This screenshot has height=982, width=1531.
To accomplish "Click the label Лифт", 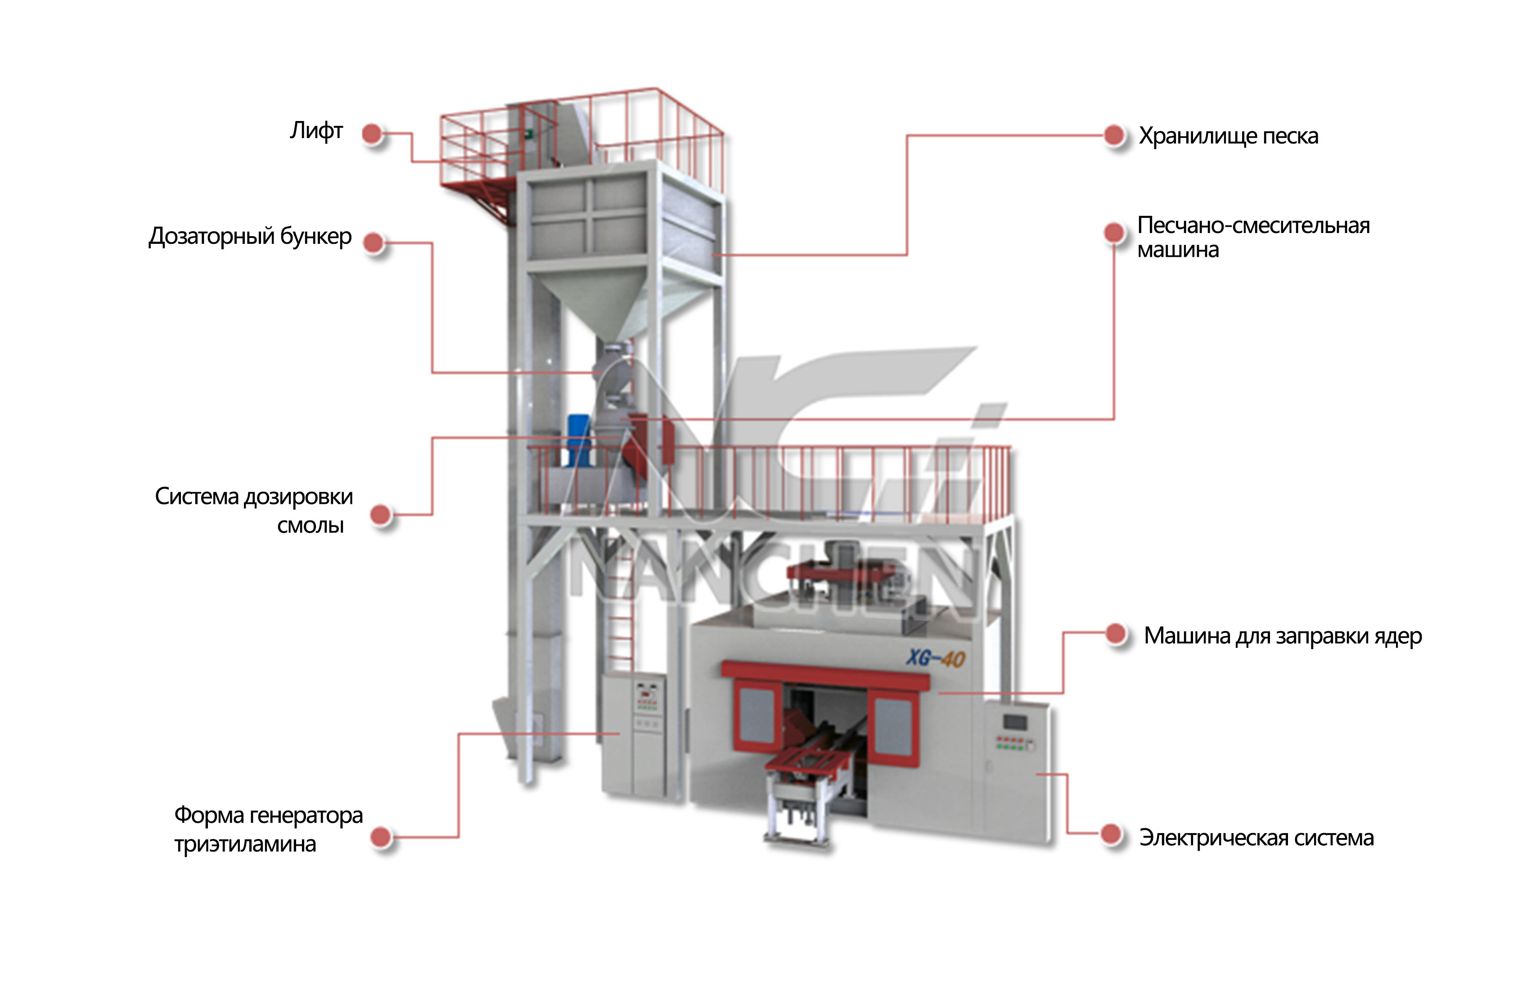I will pos(316,131).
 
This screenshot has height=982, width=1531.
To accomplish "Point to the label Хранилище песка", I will pos(1228,136).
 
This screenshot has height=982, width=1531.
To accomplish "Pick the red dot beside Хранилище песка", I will pos(1114,135).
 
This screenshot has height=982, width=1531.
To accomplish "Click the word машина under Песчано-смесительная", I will pos(1178,250).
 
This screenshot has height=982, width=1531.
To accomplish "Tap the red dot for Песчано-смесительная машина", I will pos(1114,232).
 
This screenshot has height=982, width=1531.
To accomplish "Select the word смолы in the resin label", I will pos(311,525).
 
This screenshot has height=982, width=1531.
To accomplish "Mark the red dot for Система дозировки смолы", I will pos(381,515).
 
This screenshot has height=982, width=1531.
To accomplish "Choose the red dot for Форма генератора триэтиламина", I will pos(381,837).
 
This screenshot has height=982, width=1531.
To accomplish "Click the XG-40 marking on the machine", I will pos(935,657).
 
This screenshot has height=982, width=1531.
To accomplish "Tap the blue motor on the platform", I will pos(579,440).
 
